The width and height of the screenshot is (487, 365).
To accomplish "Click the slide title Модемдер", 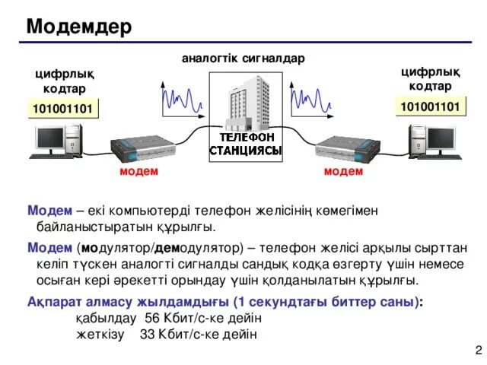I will coord(78,27).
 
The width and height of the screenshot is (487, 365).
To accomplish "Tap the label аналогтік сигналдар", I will coord(243,58).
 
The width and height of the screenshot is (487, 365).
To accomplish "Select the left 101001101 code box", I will coord(62,109).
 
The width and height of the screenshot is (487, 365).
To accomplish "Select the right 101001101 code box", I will coord(431,106).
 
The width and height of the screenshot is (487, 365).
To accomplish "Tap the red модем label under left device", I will coord(139,171).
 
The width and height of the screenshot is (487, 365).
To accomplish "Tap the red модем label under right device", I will coord(343,171).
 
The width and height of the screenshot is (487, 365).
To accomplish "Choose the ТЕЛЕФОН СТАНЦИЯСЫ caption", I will coord(246,144).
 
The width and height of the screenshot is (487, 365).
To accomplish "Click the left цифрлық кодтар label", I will coord(64,81).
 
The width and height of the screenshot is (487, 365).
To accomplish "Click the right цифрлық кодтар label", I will coord(431,78).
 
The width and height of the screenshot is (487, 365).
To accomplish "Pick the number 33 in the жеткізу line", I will coord(148,335).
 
